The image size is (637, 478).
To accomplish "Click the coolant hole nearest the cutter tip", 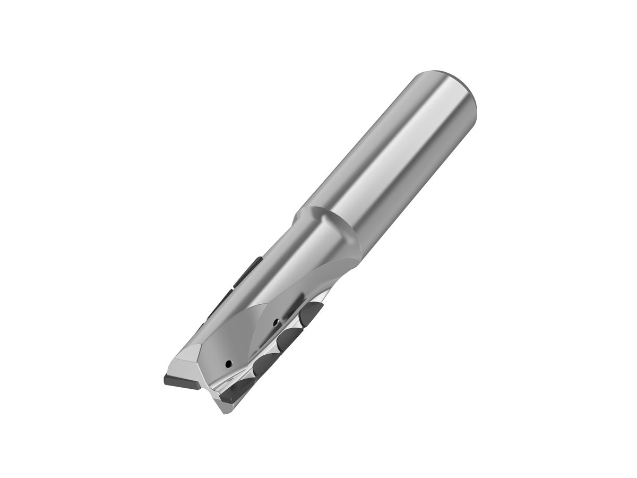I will pyautogui.click(x=228, y=363).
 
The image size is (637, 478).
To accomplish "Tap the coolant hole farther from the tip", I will pyautogui.click(x=274, y=322).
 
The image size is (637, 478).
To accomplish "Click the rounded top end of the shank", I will pyautogui.click(x=451, y=75).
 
